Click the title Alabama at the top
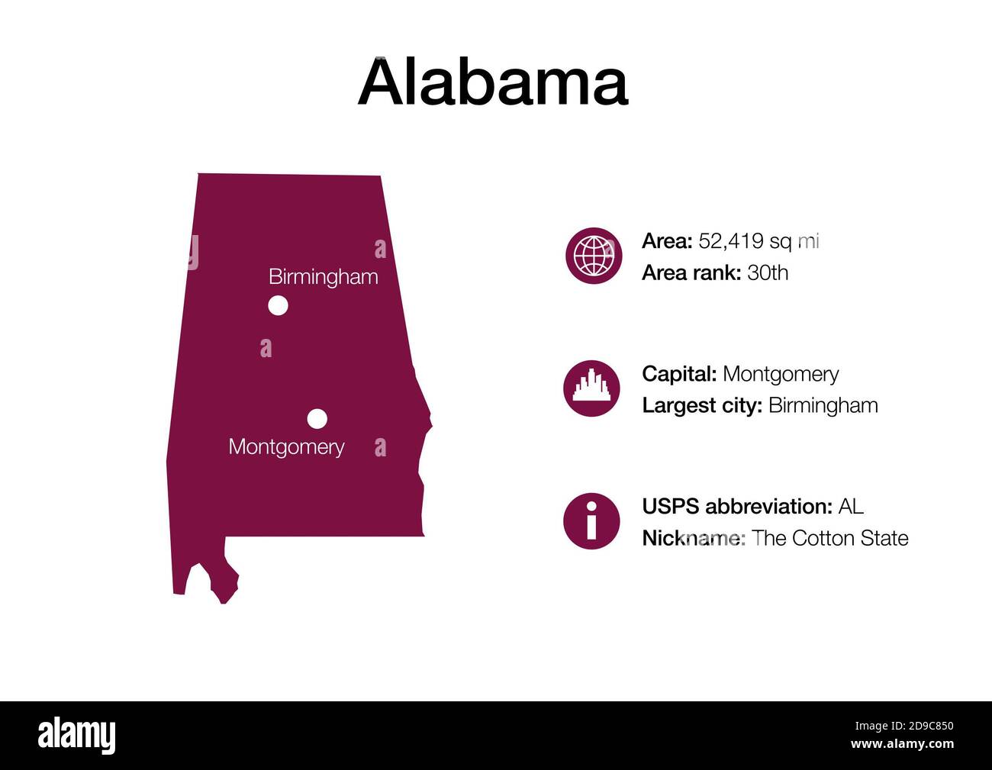(493, 82)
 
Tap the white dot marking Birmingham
(279, 306)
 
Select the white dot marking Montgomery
(317, 419)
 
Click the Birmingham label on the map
(324, 276)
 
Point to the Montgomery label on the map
(286, 446)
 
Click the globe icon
(594, 256)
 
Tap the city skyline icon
(591, 388)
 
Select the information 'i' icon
(591, 521)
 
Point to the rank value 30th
(768, 272)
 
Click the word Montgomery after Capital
(781, 374)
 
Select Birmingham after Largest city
(823, 405)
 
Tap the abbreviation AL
(851, 506)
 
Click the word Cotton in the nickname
(823, 538)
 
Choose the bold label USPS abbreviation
(736, 506)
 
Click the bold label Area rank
(691, 272)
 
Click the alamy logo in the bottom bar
(77, 736)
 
